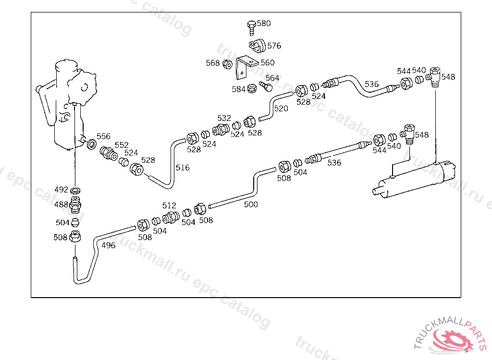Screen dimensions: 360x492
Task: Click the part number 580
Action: pos(264,23)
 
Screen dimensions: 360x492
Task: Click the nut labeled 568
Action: pos(228,63)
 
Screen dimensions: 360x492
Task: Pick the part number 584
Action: pos(238,89)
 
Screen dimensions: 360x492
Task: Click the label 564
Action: pos(272,78)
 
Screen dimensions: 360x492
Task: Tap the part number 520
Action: pos(281,108)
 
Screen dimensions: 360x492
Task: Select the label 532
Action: pos(224,118)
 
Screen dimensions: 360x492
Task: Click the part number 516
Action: pos(183,168)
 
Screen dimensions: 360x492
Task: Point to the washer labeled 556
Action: pos(91,144)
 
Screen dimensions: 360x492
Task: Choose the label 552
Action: pos(122,145)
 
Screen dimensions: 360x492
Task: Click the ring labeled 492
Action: pos(75,190)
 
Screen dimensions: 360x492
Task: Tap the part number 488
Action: pos(61,204)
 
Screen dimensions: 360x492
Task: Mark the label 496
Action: pos(109,245)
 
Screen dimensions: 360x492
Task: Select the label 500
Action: pos(251,204)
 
